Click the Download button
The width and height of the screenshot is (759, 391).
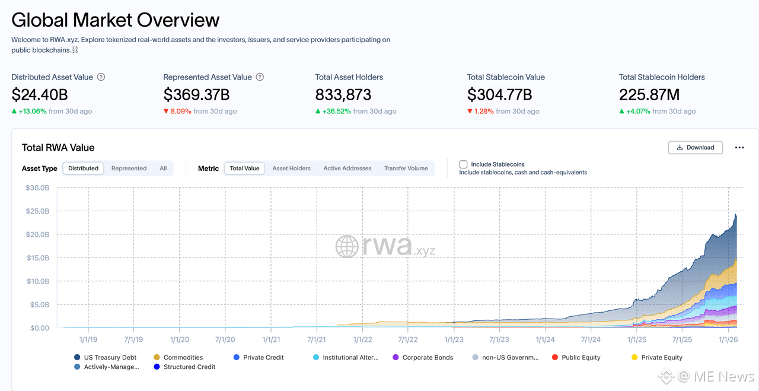click(695, 147)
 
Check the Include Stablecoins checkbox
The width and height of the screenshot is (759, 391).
click(463, 164)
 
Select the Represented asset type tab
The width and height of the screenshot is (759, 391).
click(129, 169)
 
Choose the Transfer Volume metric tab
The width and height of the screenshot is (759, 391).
click(406, 169)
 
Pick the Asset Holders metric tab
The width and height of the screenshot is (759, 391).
click(291, 169)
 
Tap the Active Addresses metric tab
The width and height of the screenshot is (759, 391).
click(347, 169)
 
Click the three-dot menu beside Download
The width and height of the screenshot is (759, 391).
click(739, 148)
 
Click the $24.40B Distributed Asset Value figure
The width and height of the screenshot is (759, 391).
click(40, 94)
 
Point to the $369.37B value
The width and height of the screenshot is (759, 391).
click(196, 94)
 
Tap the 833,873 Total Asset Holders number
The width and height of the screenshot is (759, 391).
click(343, 94)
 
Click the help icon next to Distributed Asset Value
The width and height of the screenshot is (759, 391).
click(101, 77)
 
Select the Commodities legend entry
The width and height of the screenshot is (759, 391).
click(183, 358)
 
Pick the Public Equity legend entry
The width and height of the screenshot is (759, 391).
click(581, 358)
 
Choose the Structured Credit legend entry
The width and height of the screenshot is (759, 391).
click(189, 367)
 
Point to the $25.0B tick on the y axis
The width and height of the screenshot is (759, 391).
click(37, 211)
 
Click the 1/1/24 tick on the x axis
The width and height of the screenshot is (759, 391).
click(545, 340)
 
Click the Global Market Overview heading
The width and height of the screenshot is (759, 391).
click(116, 20)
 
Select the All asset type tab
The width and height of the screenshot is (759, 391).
click(163, 169)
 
